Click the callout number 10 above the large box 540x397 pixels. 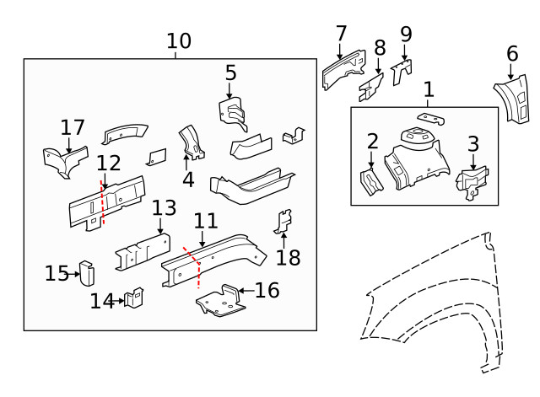[x=178, y=40]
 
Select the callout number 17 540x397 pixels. [x=73, y=127]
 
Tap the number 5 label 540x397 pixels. [x=230, y=73]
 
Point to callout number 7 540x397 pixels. [x=341, y=34]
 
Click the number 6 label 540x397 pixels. [x=512, y=54]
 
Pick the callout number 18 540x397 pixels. [x=288, y=257]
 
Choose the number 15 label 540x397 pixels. [x=57, y=273]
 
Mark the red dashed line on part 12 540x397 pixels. [x=102, y=203]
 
